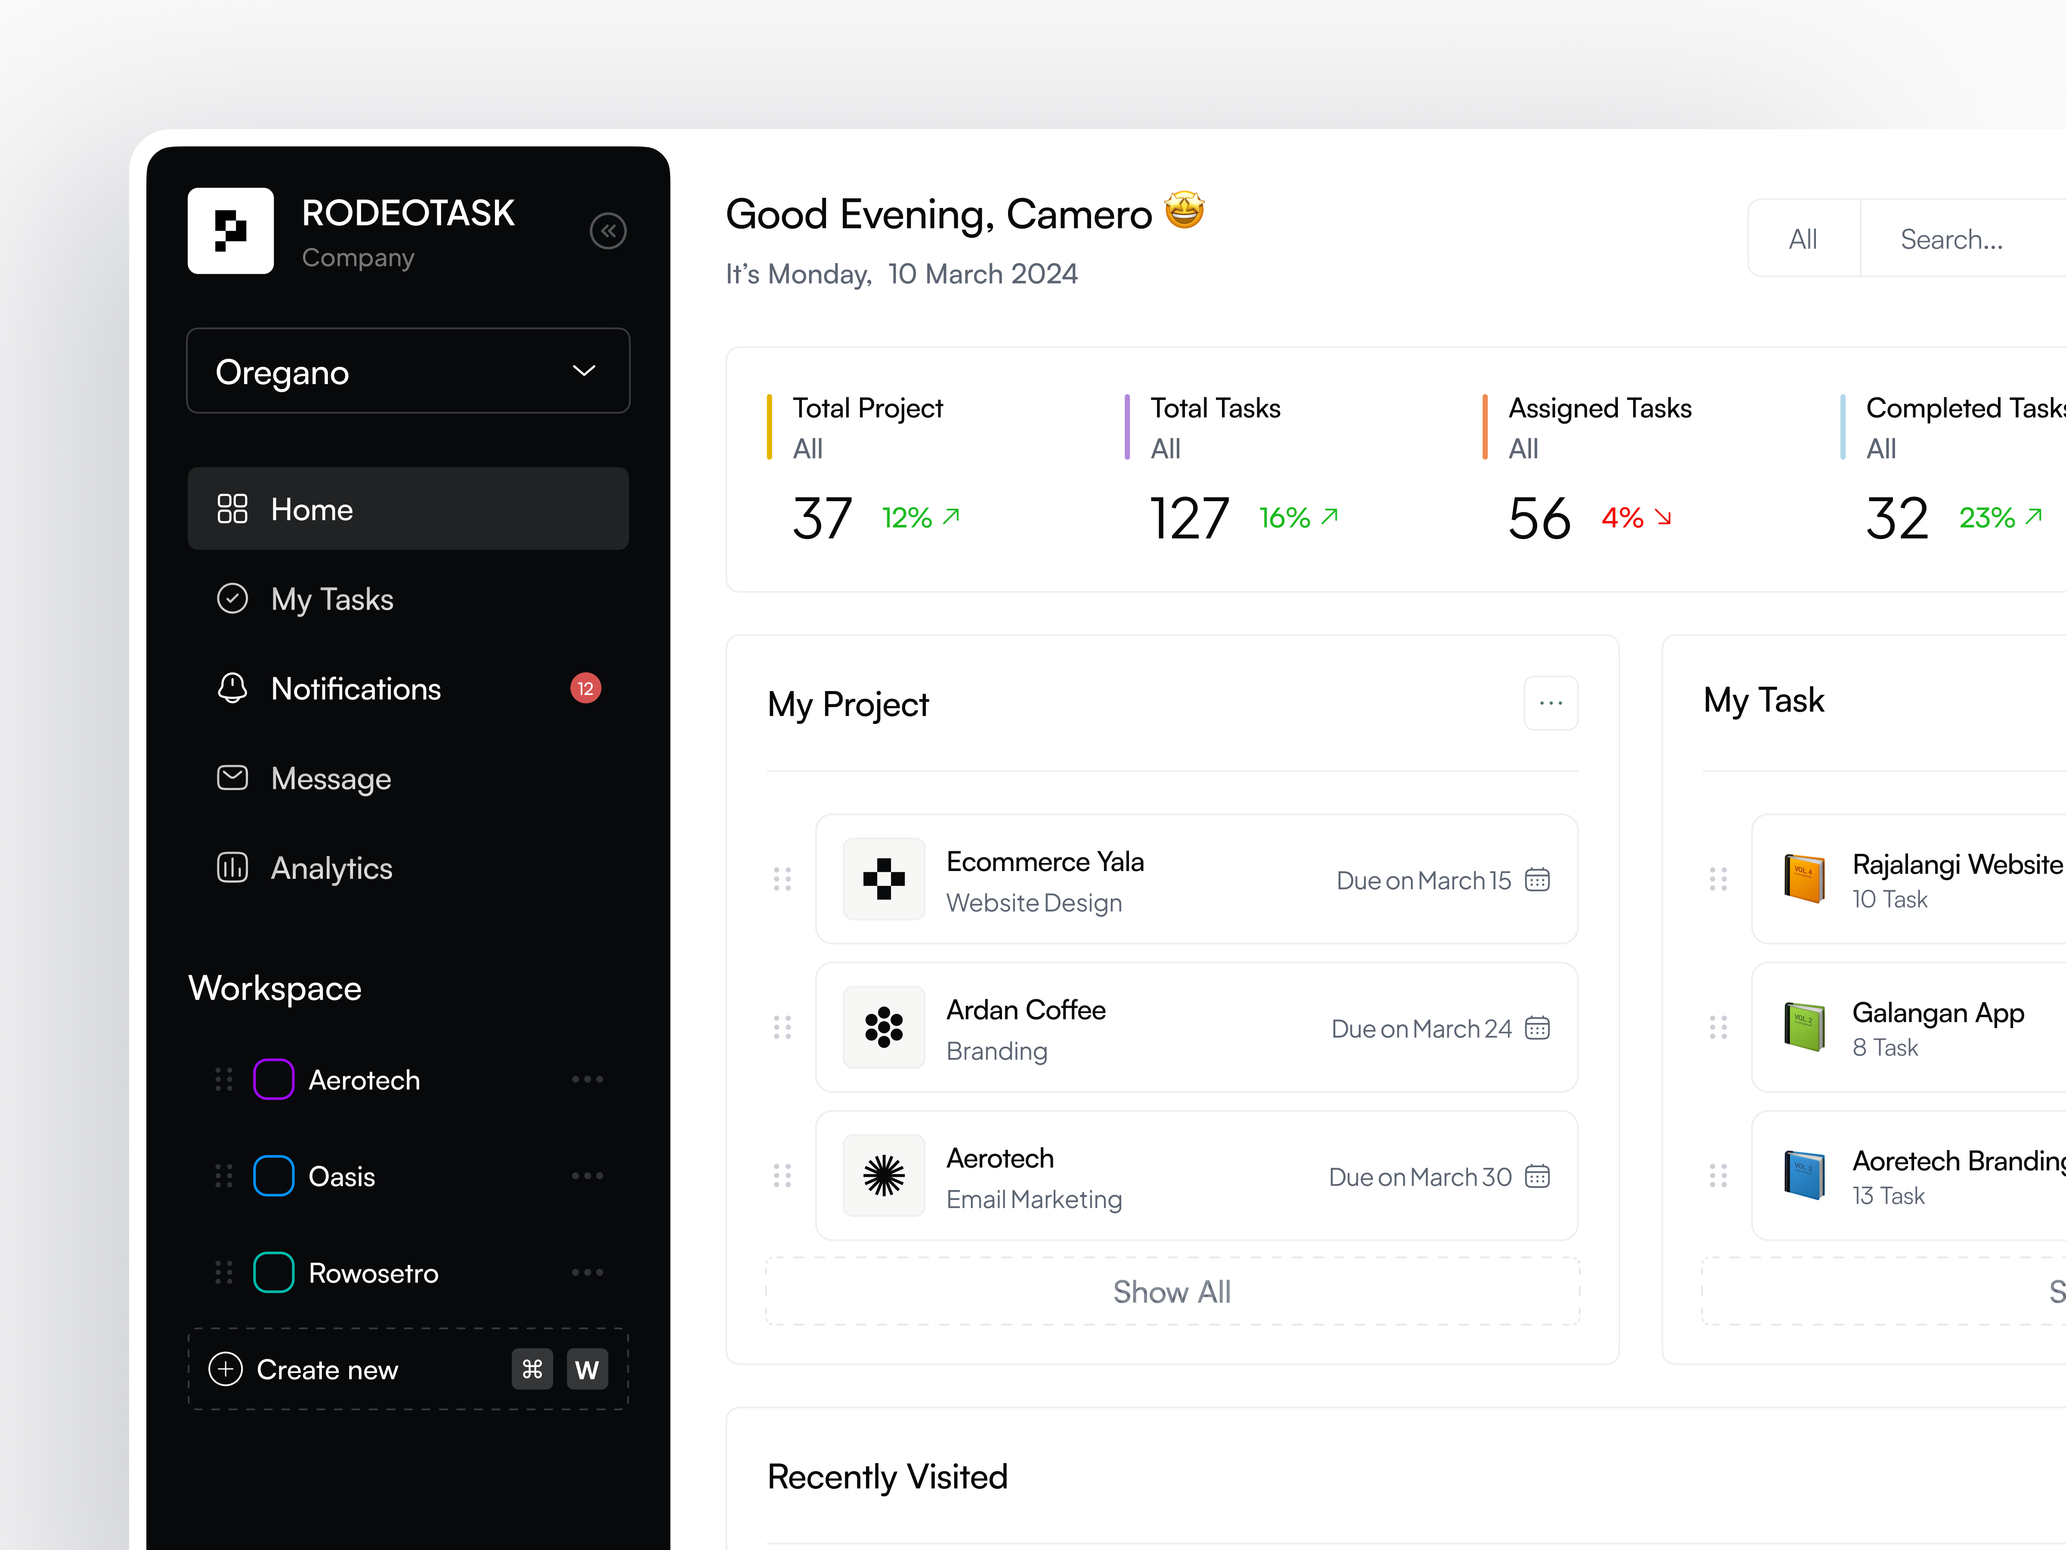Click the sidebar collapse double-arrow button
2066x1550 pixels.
pos(608,231)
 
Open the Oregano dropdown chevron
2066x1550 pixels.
pos(584,371)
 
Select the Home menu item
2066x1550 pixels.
pos(408,509)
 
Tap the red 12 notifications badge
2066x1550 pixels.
pos(586,688)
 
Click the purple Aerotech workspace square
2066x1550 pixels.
pos(274,1079)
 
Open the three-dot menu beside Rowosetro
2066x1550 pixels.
pos(588,1273)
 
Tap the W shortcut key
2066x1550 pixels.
pos(587,1370)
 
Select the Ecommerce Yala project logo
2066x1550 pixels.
pos(884,879)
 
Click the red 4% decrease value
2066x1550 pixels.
pos(1622,518)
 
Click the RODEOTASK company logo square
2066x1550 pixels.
pos(231,231)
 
